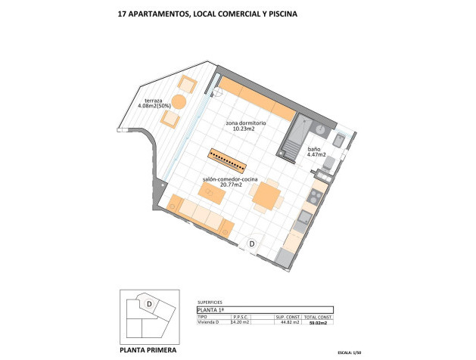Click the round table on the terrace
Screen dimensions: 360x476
tap(180, 102)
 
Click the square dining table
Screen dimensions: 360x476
tap(266, 196)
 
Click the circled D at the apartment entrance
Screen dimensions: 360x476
tap(252, 244)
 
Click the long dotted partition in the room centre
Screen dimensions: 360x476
tap(229, 160)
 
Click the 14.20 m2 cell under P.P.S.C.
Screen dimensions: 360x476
tap(240, 322)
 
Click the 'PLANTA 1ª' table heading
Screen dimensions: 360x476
tap(210, 309)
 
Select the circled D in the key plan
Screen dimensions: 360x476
tap(150, 303)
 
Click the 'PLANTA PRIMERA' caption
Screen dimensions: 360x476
tap(150, 349)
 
